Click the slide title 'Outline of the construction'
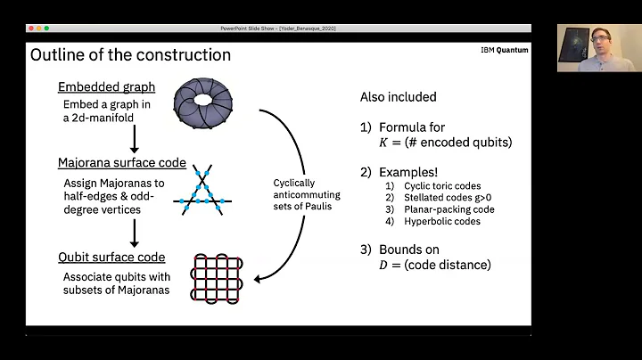tap(130, 55)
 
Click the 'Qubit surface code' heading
tap(111, 258)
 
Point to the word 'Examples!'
tap(416, 170)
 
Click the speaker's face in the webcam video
tap(592, 45)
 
